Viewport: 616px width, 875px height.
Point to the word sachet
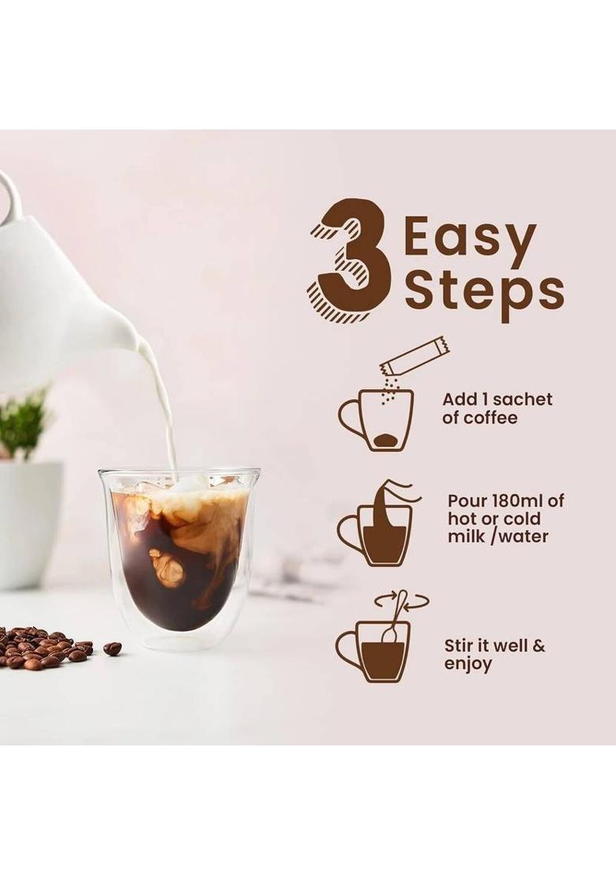(522, 400)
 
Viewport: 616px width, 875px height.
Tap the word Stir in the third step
(460, 646)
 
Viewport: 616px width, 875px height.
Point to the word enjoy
(468, 664)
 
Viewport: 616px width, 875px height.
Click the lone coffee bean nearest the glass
(112, 648)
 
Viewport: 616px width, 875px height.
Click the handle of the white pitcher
(9, 197)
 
